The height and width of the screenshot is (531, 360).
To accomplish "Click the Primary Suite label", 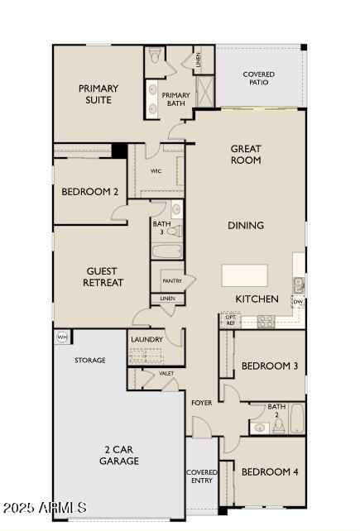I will tap(98, 94).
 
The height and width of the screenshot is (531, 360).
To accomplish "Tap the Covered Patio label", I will tap(259, 79).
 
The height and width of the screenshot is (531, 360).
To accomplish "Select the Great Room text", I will tap(246, 155).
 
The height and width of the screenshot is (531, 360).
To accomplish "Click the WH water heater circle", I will tap(61, 337).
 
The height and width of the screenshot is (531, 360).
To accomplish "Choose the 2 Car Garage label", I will tap(119, 456).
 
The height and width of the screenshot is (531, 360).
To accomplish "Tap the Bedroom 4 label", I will tap(269, 472).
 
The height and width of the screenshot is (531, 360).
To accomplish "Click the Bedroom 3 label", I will tap(269, 366).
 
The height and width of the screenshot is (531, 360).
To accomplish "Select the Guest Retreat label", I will tap(103, 277).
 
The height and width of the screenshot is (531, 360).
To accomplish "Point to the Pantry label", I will tap(172, 280).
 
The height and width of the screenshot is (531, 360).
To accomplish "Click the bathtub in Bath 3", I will tap(166, 252).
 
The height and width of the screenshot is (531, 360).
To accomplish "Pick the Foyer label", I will tap(202, 403).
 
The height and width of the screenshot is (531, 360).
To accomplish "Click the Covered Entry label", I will tap(201, 476).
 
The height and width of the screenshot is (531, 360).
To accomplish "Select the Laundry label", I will tap(146, 339).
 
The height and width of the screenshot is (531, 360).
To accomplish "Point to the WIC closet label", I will tap(156, 170).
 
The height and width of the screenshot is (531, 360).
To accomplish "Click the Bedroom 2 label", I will tap(90, 192).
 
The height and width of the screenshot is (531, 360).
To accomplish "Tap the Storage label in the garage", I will tap(90, 361).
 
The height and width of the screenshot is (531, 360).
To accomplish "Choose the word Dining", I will tap(246, 225).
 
